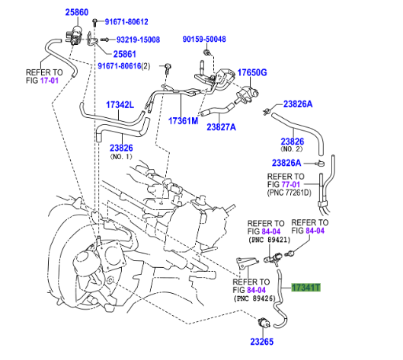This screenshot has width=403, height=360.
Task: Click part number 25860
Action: (77, 12)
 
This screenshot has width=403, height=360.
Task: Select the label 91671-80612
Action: (126, 22)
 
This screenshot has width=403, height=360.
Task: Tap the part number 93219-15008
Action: (138, 40)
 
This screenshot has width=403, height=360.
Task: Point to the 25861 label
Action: (125, 54)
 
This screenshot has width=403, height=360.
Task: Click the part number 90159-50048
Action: (204, 39)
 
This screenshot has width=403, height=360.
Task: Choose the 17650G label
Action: (252, 72)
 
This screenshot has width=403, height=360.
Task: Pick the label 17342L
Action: (120, 105)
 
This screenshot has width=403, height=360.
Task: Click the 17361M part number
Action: (184, 121)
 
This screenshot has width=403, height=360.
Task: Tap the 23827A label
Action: (221, 127)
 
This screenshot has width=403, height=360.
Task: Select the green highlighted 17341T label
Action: (305, 288)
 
